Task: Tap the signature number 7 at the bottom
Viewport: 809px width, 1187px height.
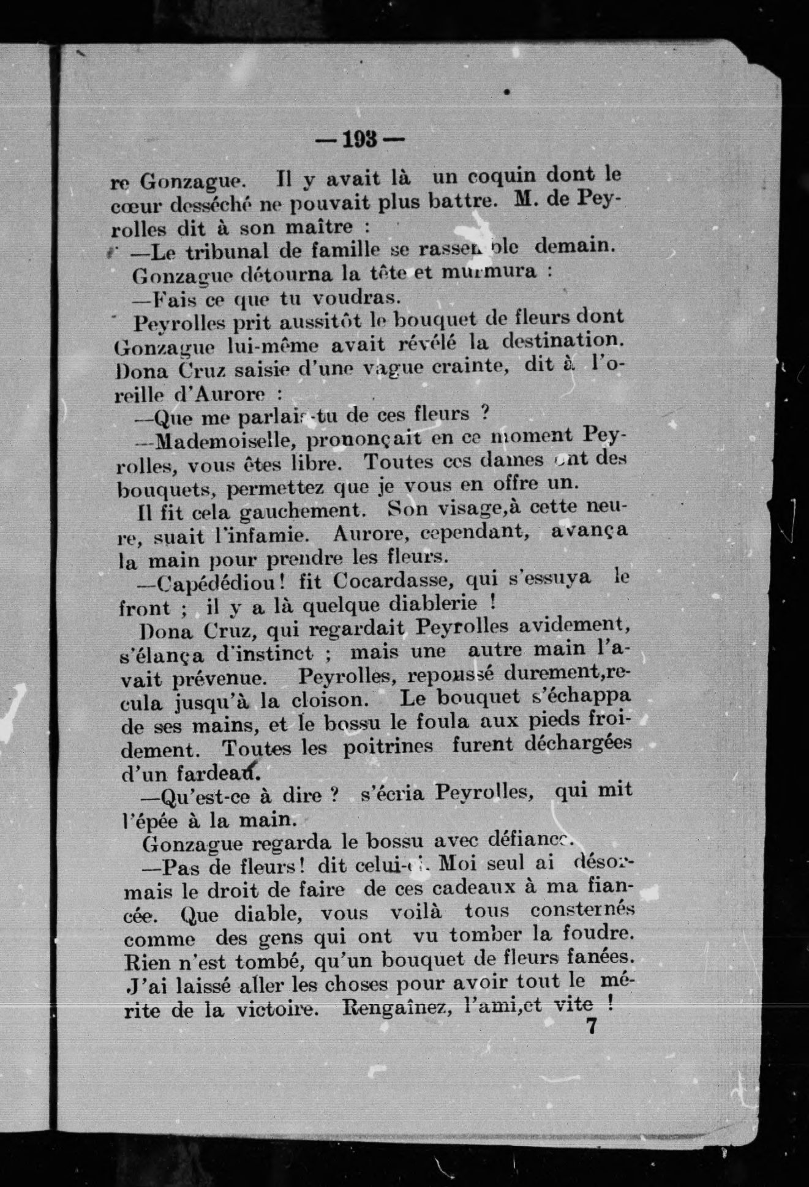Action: tap(591, 1027)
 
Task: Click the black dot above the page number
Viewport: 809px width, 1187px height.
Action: tap(506, 92)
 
